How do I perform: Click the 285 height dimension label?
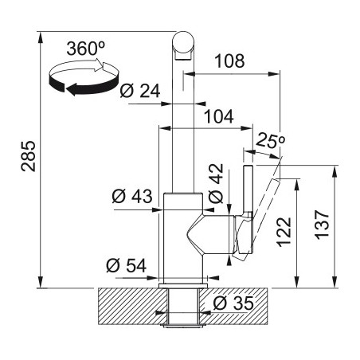[x=29, y=156]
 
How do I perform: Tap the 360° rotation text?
[x=86, y=49]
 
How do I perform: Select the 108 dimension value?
[x=229, y=61]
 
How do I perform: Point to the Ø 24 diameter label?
[x=140, y=91]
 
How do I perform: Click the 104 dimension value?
[x=219, y=116]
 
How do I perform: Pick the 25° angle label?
[x=270, y=140]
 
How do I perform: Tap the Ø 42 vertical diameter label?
[x=216, y=183]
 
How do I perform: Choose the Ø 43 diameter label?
[x=132, y=197]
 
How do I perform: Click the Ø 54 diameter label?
[x=126, y=265]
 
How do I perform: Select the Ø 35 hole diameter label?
[x=233, y=303]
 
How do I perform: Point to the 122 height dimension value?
[x=284, y=232]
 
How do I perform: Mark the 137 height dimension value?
[x=322, y=225]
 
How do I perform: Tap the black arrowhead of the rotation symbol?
[x=71, y=89]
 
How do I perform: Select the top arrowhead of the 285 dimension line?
[x=40, y=37]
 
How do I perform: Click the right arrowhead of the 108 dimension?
[x=274, y=74]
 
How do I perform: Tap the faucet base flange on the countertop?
[x=183, y=285]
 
